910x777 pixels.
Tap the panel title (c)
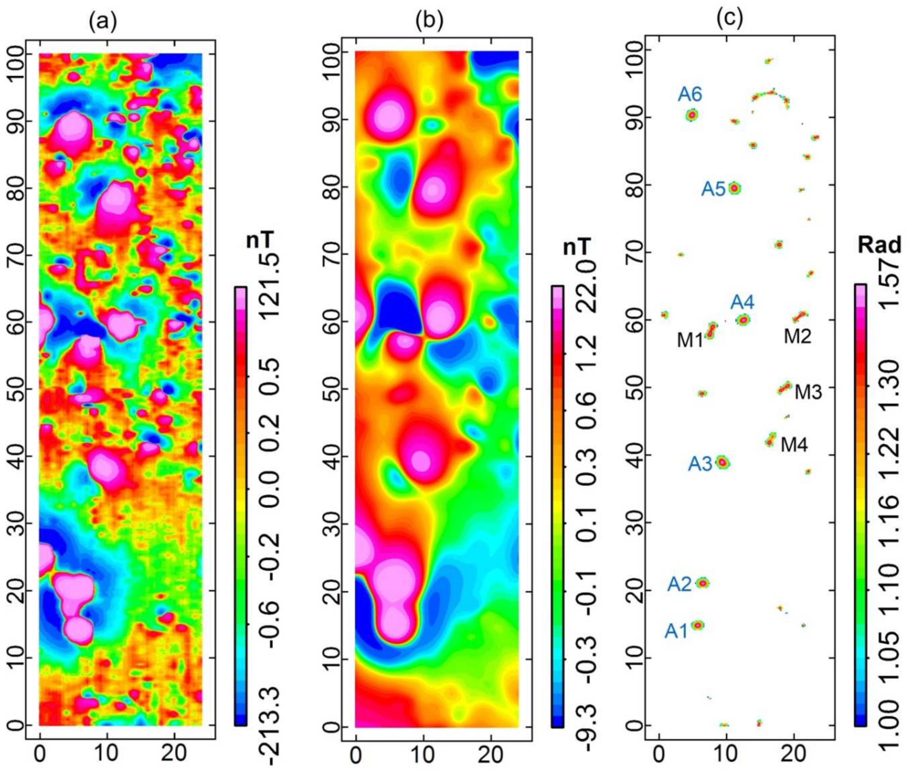[729, 18]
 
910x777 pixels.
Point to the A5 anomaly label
[713, 189]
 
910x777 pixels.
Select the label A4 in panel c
[743, 303]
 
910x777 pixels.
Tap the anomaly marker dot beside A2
[703, 583]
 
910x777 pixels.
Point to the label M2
[797, 336]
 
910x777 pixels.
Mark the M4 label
[794, 445]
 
